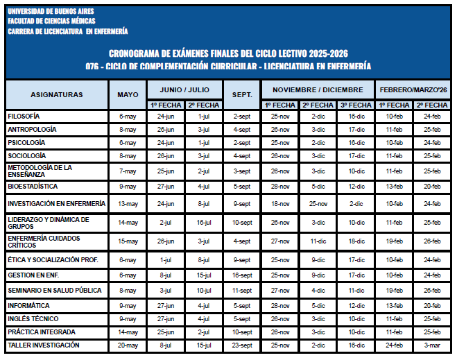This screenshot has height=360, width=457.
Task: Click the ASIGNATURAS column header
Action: pos(56,94)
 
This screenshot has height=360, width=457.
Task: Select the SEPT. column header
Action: pos(242,94)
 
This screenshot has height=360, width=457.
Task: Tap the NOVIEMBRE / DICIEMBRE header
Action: pos(318,90)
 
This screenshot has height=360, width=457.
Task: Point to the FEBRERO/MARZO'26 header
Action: pos(413,90)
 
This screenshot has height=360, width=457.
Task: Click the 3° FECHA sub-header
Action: pos(356,105)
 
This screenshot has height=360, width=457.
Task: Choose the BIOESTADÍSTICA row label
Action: pos(33,187)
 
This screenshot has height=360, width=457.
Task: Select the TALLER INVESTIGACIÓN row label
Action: pos(43,345)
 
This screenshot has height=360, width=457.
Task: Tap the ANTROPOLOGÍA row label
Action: pos(32,129)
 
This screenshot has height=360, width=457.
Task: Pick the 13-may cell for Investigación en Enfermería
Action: pos(128,204)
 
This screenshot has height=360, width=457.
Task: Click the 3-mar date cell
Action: pos(432,345)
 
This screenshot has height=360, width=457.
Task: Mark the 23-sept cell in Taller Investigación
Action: pos(242,345)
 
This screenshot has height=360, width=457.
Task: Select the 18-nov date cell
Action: pos(280,204)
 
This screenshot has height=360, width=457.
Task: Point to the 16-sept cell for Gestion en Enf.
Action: pos(242,275)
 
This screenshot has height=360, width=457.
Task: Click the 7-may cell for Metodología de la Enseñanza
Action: pos(128,171)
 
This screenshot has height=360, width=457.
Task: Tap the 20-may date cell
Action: pos(128,345)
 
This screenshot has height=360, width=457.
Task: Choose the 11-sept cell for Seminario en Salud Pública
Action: pos(242,291)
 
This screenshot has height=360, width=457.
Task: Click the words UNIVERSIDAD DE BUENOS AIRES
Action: pos(51,12)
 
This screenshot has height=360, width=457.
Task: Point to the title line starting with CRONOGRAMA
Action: pos(228,53)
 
